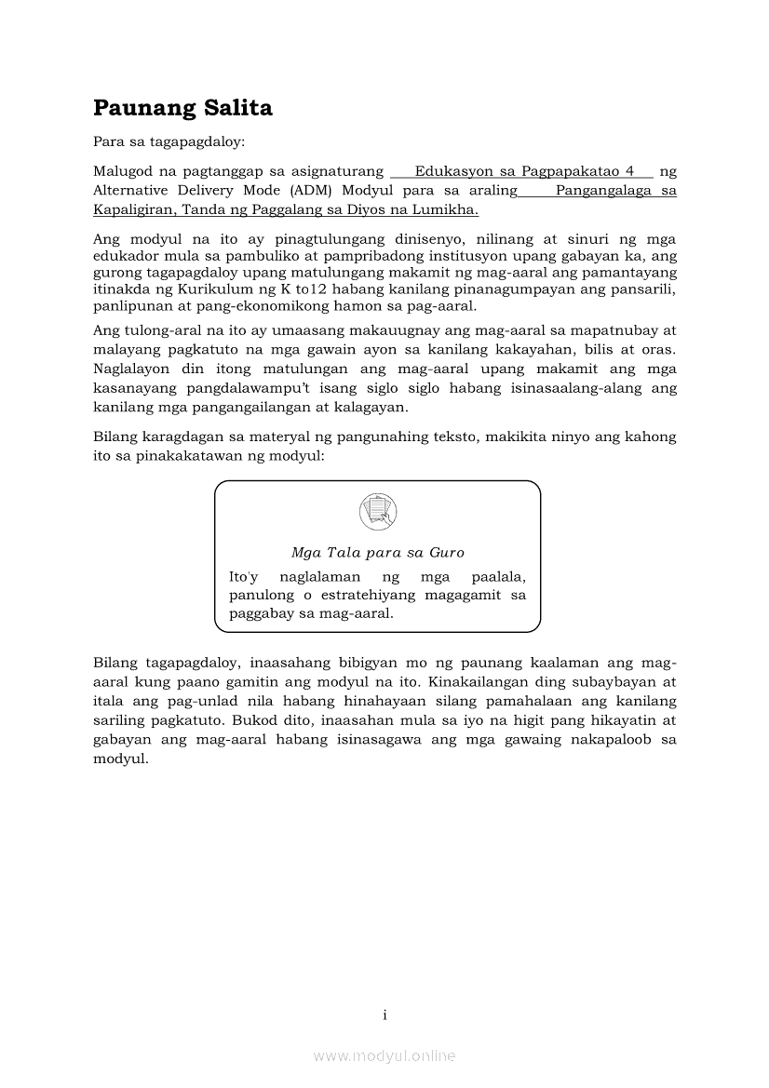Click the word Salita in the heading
point(238,109)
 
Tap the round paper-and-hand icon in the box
point(377,512)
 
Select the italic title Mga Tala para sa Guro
point(377,553)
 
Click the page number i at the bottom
point(384,1014)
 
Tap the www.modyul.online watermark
point(384,1056)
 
